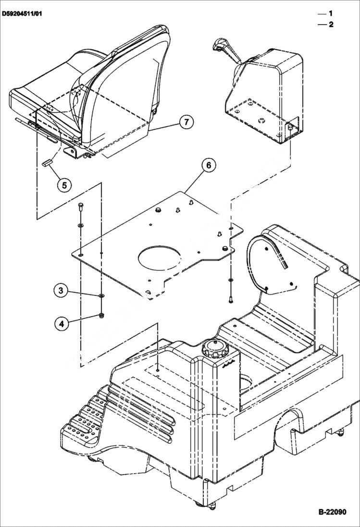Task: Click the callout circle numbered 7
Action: pyautogui.click(x=186, y=122)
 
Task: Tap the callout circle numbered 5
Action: pyautogui.click(x=65, y=184)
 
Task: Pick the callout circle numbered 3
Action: pyautogui.click(x=61, y=290)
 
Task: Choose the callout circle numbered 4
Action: pyautogui.click(x=62, y=324)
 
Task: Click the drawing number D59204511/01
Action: pyautogui.click(x=22, y=14)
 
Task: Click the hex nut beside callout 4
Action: pyautogui.click(x=101, y=316)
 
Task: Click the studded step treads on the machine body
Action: pyautogui.click(x=84, y=413)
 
